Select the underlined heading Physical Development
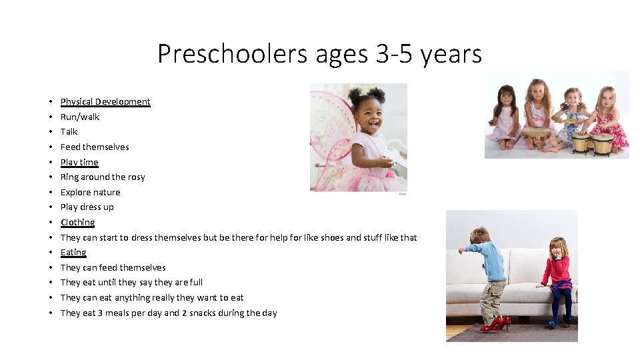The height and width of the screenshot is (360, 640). [105, 102]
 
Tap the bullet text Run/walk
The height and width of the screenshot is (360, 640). [80, 117]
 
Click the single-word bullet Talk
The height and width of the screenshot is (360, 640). [69, 132]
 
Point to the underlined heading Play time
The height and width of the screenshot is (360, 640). [79, 162]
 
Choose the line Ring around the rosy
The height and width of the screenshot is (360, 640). [103, 177]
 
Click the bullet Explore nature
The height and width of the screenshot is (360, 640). [91, 193]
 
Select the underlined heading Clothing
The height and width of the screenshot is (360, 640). [77, 223]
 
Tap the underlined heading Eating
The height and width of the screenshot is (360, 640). [73, 253]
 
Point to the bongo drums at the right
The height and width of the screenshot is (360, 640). [592, 142]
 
